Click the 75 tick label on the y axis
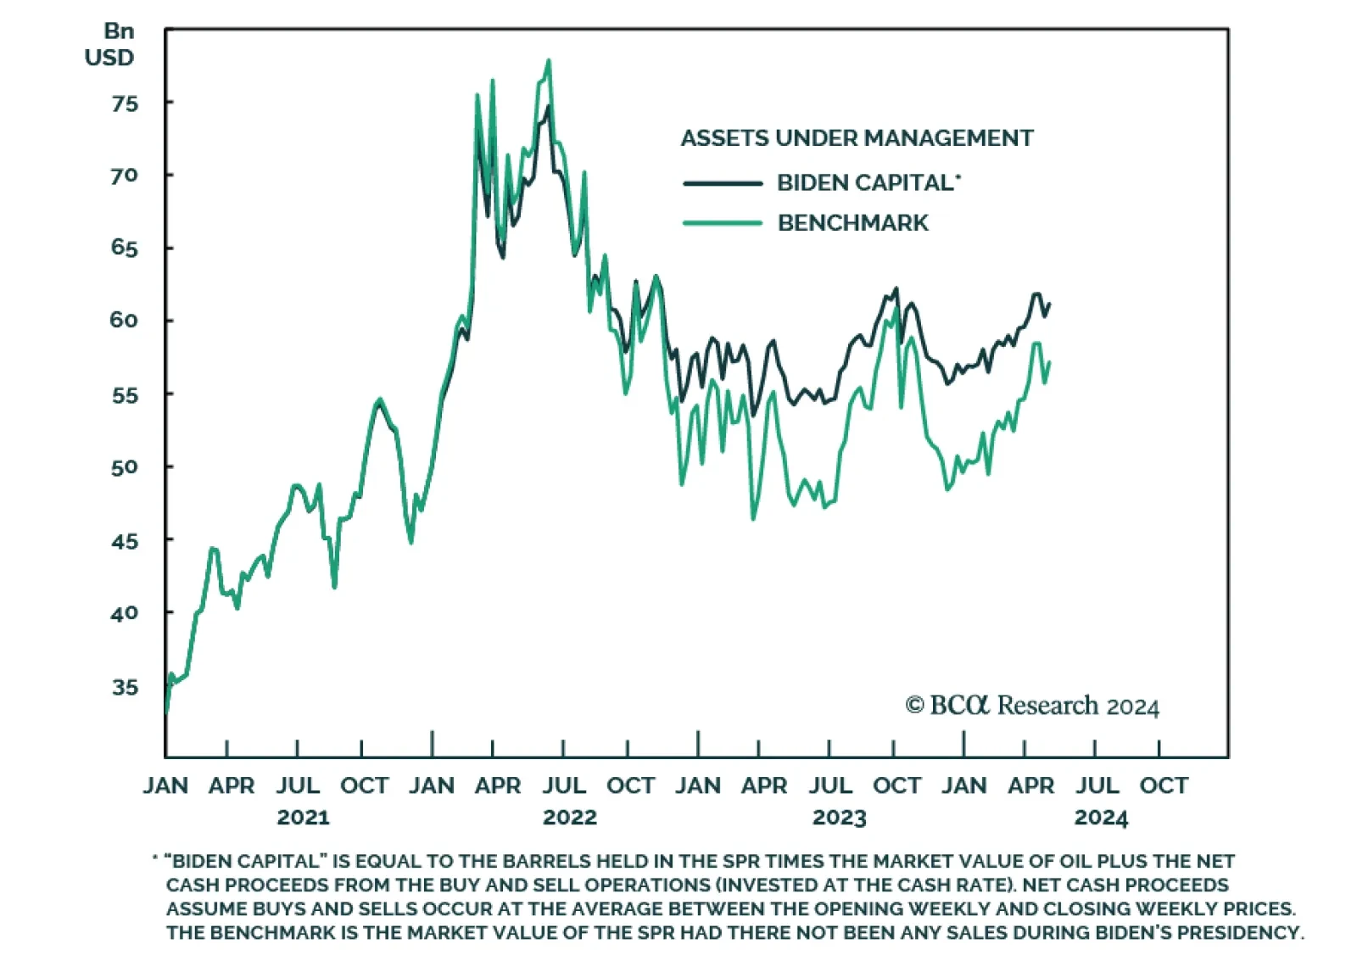[x=124, y=103]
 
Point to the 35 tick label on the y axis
[x=124, y=687]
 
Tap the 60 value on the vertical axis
[x=124, y=321]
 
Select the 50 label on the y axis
[x=124, y=467]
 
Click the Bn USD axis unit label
[x=110, y=44]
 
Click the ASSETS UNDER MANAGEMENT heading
[x=857, y=138]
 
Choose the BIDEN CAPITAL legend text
[x=866, y=182]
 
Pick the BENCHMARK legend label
[x=852, y=223]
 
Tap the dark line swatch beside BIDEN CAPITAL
[x=723, y=183]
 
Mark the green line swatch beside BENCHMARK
[x=723, y=223]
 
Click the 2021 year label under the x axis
[x=303, y=818]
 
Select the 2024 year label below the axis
[x=1101, y=818]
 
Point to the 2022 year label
[x=570, y=818]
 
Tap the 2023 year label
[x=839, y=818]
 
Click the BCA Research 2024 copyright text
[x=1032, y=706]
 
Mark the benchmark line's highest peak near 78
[x=549, y=60]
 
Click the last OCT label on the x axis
[x=1164, y=785]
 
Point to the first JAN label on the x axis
[x=165, y=785]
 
